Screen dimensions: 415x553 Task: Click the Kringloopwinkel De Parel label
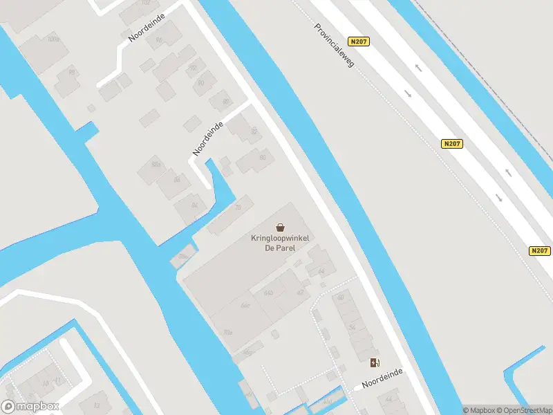(x=281, y=243)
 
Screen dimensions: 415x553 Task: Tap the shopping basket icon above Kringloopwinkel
(x=281, y=227)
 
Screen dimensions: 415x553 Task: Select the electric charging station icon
(x=375, y=362)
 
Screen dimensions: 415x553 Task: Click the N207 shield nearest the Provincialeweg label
(x=359, y=41)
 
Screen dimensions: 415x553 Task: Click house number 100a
(x=53, y=39)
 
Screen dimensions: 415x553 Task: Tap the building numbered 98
(x=71, y=72)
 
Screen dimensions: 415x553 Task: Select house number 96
(x=158, y=40)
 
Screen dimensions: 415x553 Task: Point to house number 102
(x=145, y=3)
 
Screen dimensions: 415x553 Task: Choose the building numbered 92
(x=194, y=67)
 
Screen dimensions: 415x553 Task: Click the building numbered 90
(x=201, y=83)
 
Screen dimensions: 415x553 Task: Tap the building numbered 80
(x=263, y=158)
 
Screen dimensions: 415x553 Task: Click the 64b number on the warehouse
(x=268, y=293)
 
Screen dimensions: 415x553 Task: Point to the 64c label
(x=244, y=305)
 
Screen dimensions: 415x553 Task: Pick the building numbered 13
(x=97, y=405)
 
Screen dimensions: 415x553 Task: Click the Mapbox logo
(x=30, y=407)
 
